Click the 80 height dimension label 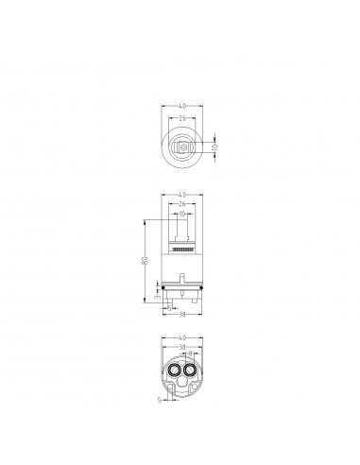click(143, 261)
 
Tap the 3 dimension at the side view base click(157, 296)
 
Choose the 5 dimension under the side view click(170, 308)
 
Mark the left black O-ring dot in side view click(163, 285)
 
